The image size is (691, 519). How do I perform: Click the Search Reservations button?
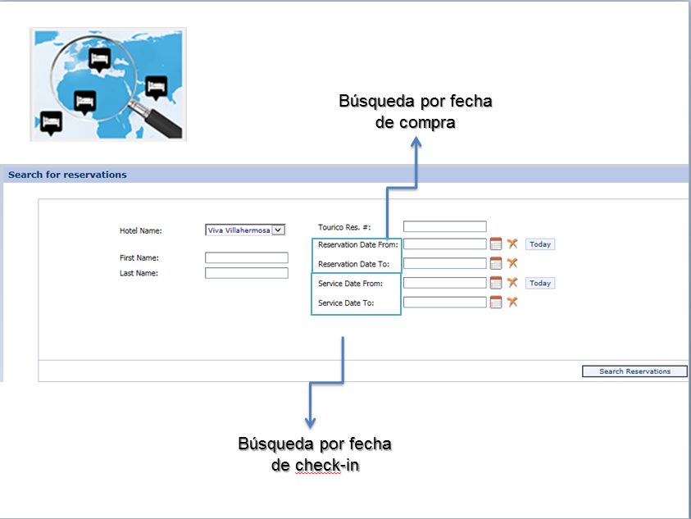[634, 371]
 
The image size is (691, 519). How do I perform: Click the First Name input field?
[246, 257]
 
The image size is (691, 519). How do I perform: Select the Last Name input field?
[246, 273]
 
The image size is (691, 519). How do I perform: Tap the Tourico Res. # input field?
[444, 226]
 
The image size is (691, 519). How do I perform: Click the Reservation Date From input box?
[444, 244]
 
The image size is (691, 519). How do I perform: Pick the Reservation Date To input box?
[444, 263]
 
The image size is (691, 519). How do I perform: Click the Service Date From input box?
[444, 283]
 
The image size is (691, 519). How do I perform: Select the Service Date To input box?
[444, 303]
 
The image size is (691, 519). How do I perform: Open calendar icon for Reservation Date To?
[496, 263]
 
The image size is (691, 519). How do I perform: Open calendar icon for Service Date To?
[496, 303]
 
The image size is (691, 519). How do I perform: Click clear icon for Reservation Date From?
[512, 244]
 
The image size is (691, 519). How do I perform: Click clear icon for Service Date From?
[512, 283]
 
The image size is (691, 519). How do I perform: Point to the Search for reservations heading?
[67, 175]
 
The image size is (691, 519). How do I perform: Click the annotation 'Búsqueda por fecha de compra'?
[416, 112]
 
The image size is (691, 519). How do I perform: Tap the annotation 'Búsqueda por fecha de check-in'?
[315, 454]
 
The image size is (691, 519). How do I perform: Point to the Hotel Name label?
[141, 230]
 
